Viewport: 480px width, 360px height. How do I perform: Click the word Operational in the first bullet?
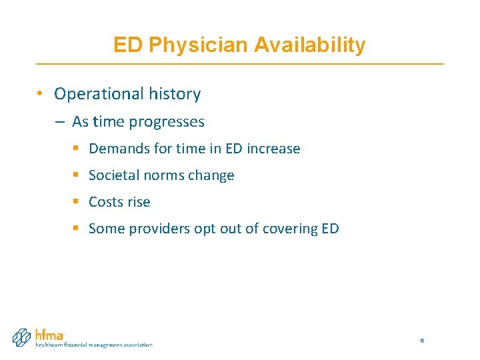click(x=96, y=94)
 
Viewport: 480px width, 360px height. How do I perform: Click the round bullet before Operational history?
click(x=41, y=94)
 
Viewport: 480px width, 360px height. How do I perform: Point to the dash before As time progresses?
click(x=60, y=122)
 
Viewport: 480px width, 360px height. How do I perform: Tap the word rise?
click(x=139, y=202)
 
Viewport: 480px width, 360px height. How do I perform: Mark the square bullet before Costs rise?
click(x=77, y=202)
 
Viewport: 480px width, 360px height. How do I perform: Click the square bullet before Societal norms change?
click(x=77, y=175)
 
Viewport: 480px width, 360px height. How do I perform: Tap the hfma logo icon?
click(x=22, y=337)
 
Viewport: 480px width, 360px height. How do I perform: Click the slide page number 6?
click(x=422, y=341)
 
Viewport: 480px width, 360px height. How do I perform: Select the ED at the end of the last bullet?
click(x=329, y=229)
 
